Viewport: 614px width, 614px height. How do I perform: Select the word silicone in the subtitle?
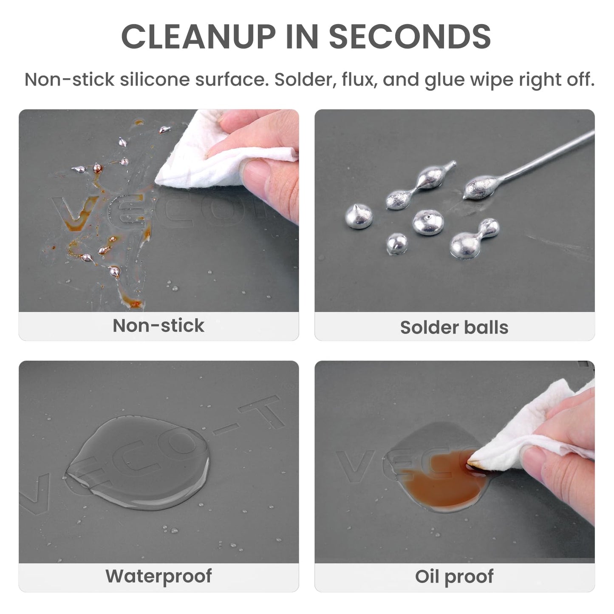point(155,79)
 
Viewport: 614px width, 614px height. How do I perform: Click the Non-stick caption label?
point(158,325)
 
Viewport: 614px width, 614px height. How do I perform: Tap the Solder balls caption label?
point(454,327)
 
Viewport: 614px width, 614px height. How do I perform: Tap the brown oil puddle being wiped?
point(444,483)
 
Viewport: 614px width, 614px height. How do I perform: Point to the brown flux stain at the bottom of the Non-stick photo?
point(131,300)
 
